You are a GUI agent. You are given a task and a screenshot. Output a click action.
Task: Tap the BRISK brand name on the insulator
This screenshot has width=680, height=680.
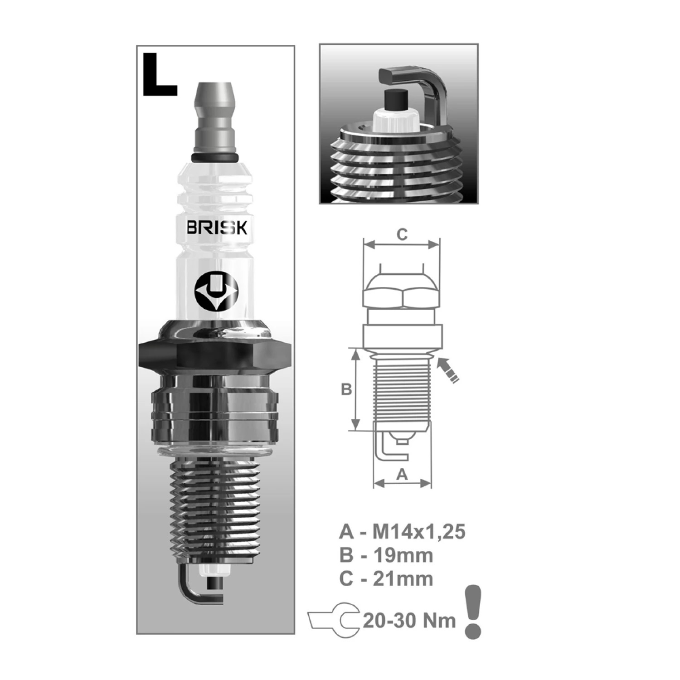pos(217,227)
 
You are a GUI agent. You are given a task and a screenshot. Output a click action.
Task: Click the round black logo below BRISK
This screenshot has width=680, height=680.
pos(216,293)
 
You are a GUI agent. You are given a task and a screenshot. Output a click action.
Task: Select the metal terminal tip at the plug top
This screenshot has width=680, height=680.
pos(215,120)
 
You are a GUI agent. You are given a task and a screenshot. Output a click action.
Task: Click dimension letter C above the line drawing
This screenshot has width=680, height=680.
pos(402,234)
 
